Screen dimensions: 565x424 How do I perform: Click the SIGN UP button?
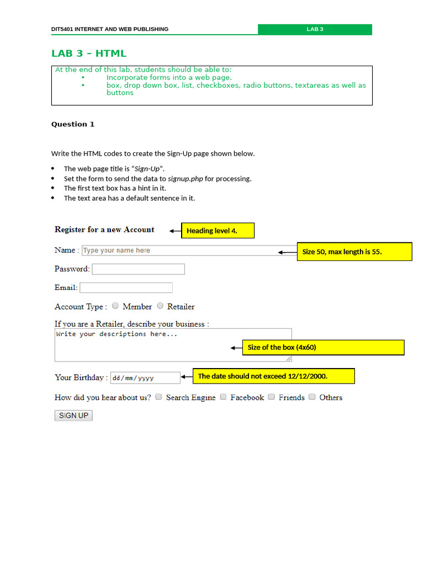73,415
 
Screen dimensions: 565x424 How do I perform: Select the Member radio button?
115,306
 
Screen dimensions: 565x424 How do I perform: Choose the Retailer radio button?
160,306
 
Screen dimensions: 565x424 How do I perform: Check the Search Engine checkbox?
158,397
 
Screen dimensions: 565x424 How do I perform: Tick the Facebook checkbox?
223,397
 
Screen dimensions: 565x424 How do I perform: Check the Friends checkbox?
271,397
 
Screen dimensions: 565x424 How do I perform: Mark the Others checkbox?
312,397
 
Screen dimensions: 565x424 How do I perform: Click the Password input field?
138,269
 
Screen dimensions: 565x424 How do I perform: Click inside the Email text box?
126,287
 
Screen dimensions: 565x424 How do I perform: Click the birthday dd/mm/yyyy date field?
145,378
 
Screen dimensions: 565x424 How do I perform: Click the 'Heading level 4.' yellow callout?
218,231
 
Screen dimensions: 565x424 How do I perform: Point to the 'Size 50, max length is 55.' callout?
354,252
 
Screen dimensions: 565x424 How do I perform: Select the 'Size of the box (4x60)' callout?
323,348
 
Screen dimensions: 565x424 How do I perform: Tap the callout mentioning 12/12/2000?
273,376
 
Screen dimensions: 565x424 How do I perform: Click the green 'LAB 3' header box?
315,29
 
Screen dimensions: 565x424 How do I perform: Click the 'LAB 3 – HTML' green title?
89,54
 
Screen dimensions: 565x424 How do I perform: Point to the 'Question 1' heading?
73,124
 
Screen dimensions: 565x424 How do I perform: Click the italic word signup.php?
185,179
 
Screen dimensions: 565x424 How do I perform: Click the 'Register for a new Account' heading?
104,230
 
